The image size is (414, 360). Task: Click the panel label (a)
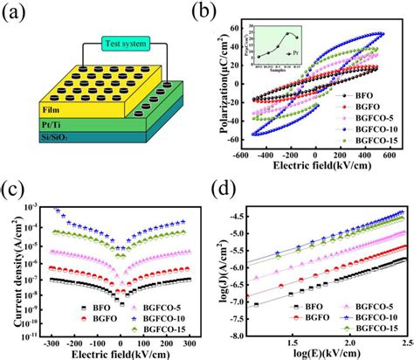point(18,12)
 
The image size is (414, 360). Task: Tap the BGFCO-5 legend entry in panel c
point(144,308)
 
